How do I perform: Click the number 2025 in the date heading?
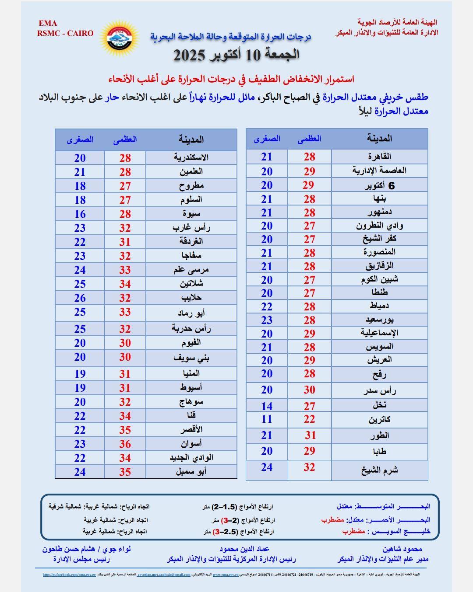(190, 56)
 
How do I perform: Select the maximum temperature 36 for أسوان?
(125, 444)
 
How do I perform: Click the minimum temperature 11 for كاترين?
(267, 419)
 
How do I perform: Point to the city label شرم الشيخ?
(380, 470)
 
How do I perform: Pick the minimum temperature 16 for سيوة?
(80, 214)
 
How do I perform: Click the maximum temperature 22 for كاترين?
(309, 419)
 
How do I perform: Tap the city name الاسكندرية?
(191, 157)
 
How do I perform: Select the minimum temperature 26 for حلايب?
(80, 298)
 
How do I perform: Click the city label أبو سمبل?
(191, 472)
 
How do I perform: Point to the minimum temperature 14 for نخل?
(267, 406)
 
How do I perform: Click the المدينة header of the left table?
(191, 139)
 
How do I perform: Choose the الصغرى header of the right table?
(267, 139)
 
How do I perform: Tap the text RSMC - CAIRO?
(66, 33)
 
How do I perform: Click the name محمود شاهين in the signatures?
(402, 549)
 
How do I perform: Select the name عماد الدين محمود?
(244, 549)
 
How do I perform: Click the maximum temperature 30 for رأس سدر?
(309, 390)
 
